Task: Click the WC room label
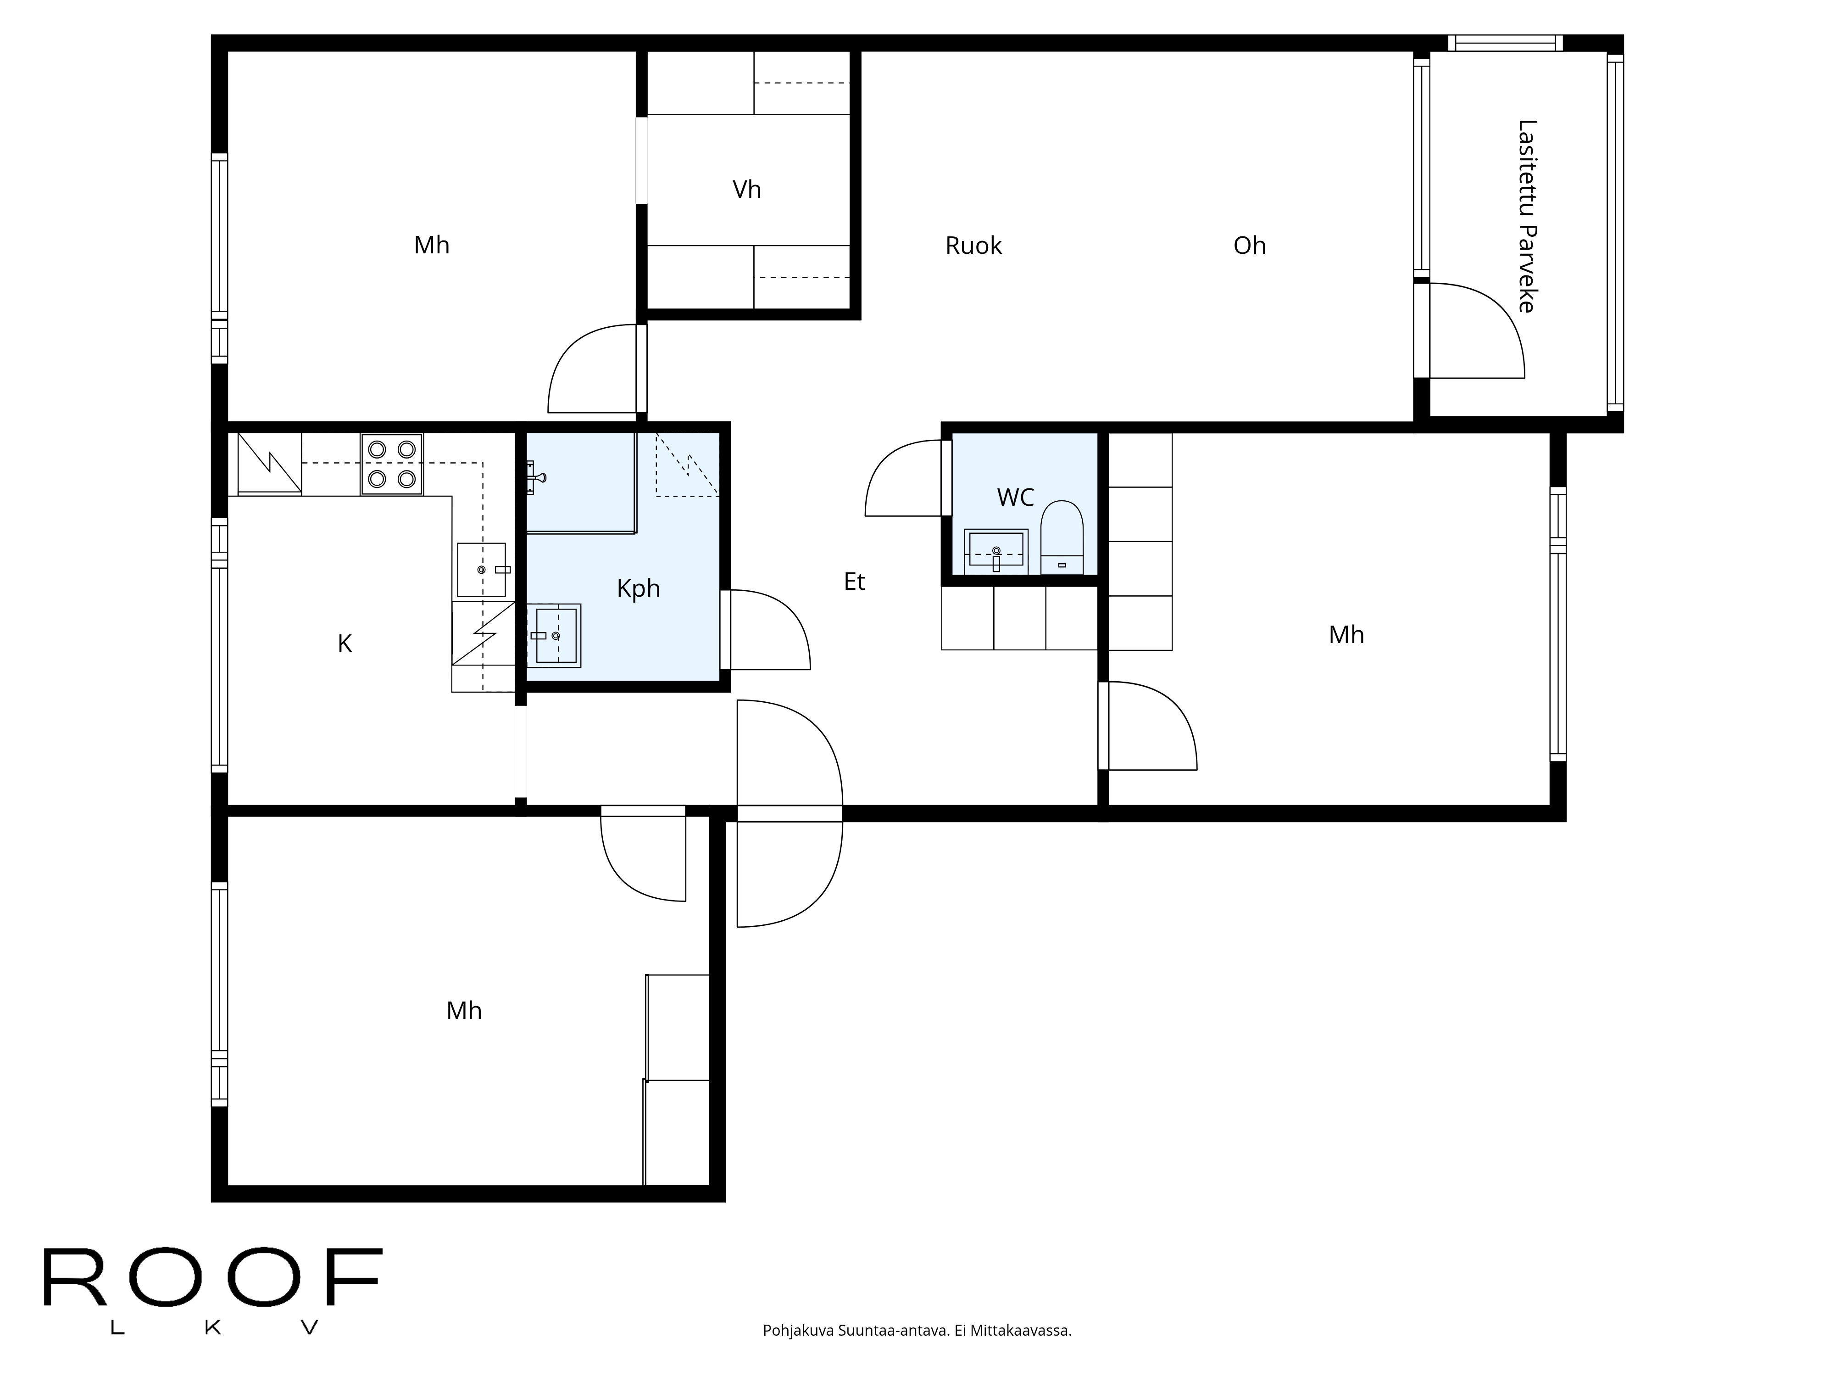[x=1015, y=497]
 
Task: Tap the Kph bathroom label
[x=638, y=588]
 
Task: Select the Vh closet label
[x=746, y=190]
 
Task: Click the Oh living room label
[x=1249, y=246]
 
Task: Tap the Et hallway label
[x=855, y=582]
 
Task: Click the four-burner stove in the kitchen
[x=392, y=465]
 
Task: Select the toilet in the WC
[x=1062, y=538]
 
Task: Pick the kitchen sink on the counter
[x=481, y=570]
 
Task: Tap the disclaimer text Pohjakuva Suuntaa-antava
[x=855, y=1354]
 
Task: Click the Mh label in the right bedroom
[x=1346, y=635]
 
